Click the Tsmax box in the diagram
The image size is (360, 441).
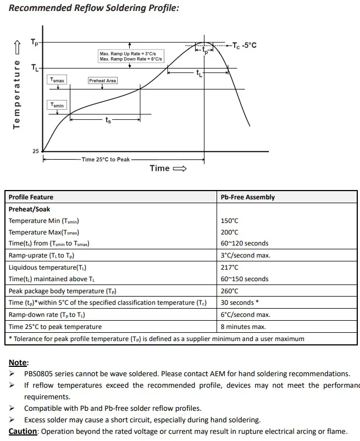[x=57, y=80]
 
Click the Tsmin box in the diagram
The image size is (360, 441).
[x=57, y=105]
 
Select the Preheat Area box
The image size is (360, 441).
[x=103, y=81]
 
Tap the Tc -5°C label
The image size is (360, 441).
[x=244, y=45]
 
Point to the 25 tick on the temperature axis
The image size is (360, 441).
[x=36, y=151]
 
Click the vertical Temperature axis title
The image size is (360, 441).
[x=17, y=95]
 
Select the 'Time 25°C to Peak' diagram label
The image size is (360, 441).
[x=106, y=159]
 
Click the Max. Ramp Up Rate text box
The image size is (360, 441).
[x=131, y=56]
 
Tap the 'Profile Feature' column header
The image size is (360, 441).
[x=31, y=197]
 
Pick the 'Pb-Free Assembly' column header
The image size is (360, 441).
[x=247, y=197]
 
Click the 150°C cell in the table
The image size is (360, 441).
[x=230, y=221]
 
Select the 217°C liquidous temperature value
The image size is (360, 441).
[x=230, y=267]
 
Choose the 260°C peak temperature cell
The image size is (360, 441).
[x=230, y=291]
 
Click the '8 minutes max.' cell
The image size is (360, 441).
[x=243, y=327]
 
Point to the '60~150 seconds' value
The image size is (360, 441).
[x=245, y=279]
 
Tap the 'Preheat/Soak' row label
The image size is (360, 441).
[x=29, y=209]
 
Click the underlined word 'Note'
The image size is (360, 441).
[x=18, y=362]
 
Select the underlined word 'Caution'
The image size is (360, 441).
[x=23, y=431]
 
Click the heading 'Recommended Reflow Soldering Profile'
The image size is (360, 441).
[x=94, y=8]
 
